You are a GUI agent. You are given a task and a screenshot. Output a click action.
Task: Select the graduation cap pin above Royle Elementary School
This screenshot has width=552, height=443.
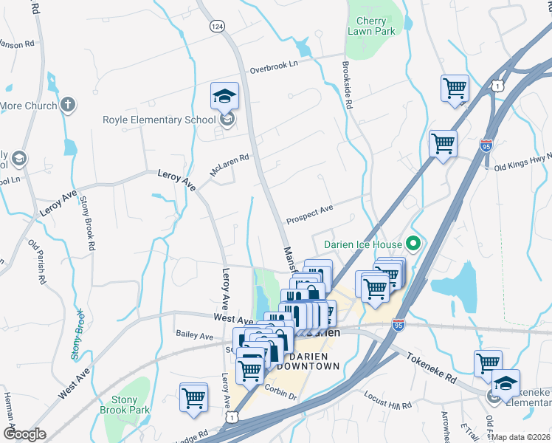tap(224, 96)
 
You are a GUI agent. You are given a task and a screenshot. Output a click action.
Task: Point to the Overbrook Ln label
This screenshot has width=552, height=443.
tap(273, 65)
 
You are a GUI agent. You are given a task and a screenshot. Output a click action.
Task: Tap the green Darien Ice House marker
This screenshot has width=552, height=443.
tap(413, 243)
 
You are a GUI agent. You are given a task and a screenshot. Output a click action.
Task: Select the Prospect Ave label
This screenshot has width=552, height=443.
tap(310, 216)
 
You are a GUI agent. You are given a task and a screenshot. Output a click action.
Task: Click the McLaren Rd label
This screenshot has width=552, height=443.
tap(230, 165)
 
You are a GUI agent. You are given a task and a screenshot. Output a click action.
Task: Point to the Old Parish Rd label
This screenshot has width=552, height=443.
tap(36, 261)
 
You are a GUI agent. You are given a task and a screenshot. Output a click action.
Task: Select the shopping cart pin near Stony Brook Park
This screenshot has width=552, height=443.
tap(193, 396)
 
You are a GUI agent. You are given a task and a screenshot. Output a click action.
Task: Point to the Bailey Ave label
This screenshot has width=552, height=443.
tap(195, 335)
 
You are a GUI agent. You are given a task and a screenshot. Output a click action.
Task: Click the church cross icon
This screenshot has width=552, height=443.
tap(68, 105)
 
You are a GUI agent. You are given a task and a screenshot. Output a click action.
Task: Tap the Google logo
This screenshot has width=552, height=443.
tap(24, 434)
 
